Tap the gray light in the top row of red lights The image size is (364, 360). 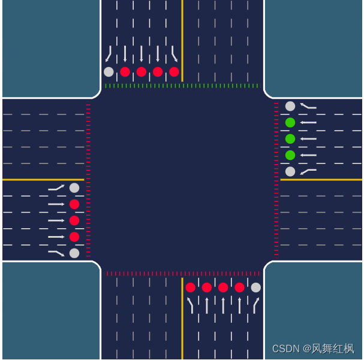click(x=109, y=72)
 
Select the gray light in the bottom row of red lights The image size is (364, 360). click(x=256, y=288)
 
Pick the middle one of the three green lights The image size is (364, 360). click(x=290, y=139)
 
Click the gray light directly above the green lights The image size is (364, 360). click(x=290, y=106)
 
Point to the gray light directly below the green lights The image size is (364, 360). click(x=290, y=171)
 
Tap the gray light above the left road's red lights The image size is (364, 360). click(x=74, y=188)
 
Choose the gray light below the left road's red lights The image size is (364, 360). click(x=74, y=253)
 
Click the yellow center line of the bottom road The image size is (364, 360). click(x=182, y=317)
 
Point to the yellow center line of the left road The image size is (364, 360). click(x=42, y=179)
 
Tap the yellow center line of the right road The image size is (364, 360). click(x=321, y=179)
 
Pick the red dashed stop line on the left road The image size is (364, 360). click(x=88, y=180)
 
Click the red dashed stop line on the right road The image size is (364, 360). click(x=276, y=180)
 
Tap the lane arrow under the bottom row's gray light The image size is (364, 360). click(x=256, y=305)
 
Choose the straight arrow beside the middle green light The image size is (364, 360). click(x=308, y=139)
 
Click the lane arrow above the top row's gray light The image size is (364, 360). click(x=109, y=54)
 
